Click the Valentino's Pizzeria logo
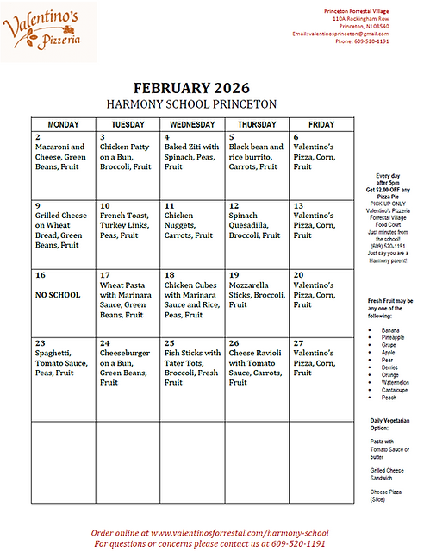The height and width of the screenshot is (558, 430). [x=43, y=30]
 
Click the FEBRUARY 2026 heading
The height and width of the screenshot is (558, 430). [x=190, y=87]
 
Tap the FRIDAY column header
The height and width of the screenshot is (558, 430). [x=320, y=124]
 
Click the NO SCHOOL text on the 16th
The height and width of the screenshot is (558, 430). [x=57, y=294]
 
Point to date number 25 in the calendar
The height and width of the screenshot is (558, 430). [x=169, y=342]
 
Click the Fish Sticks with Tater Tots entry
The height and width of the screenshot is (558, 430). [x=191, y=366]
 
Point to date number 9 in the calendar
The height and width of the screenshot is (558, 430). [x=38, y=205]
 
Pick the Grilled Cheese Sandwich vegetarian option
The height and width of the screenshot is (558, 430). [x=383, y=473]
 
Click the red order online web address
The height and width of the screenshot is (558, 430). [x=210, y=533]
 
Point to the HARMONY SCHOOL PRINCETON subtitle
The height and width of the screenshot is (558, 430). [x=190, y=103]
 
